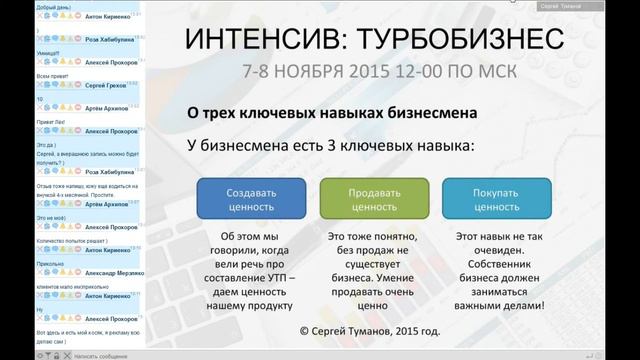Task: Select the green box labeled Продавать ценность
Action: click(x=374, y=199)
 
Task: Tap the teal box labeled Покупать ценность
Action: click(x=497, y=199)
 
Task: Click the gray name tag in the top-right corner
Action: click(x=590, y=6)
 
